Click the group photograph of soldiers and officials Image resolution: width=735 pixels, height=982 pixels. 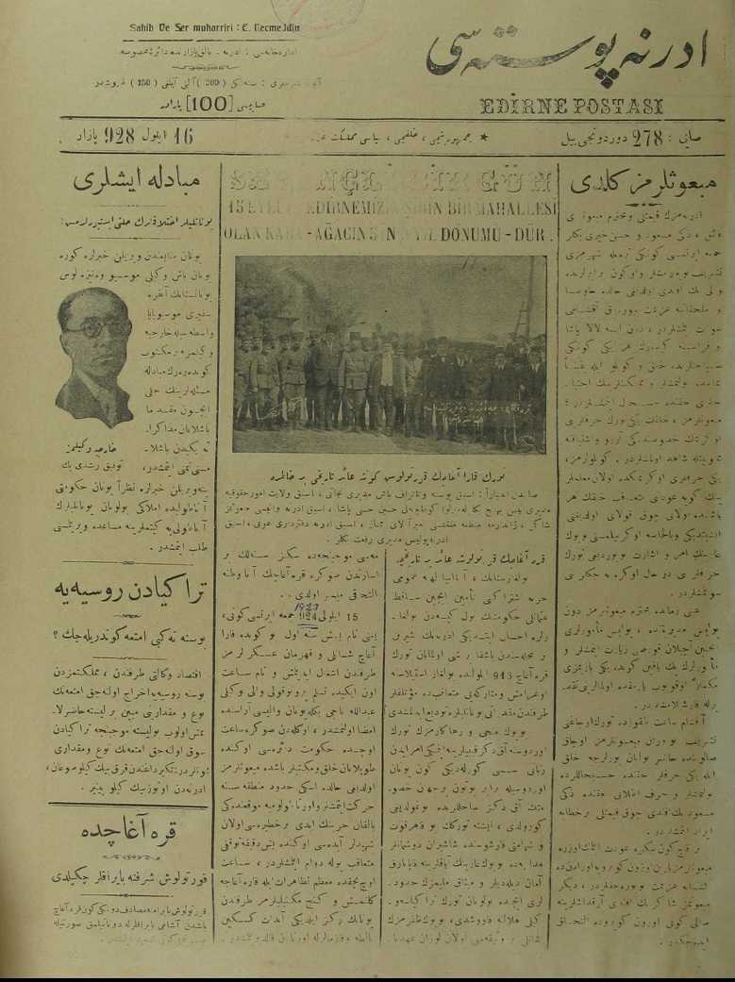389,355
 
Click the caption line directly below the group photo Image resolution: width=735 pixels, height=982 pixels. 389,469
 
